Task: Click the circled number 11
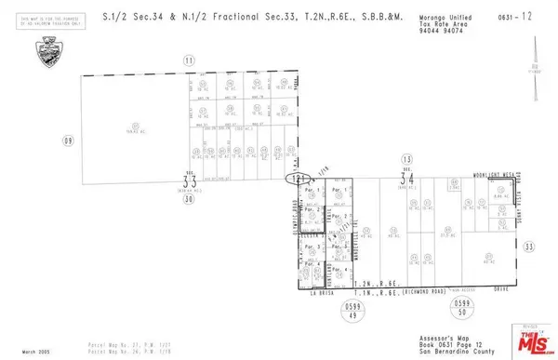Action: (190, 60)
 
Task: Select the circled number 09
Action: (67, 140)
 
